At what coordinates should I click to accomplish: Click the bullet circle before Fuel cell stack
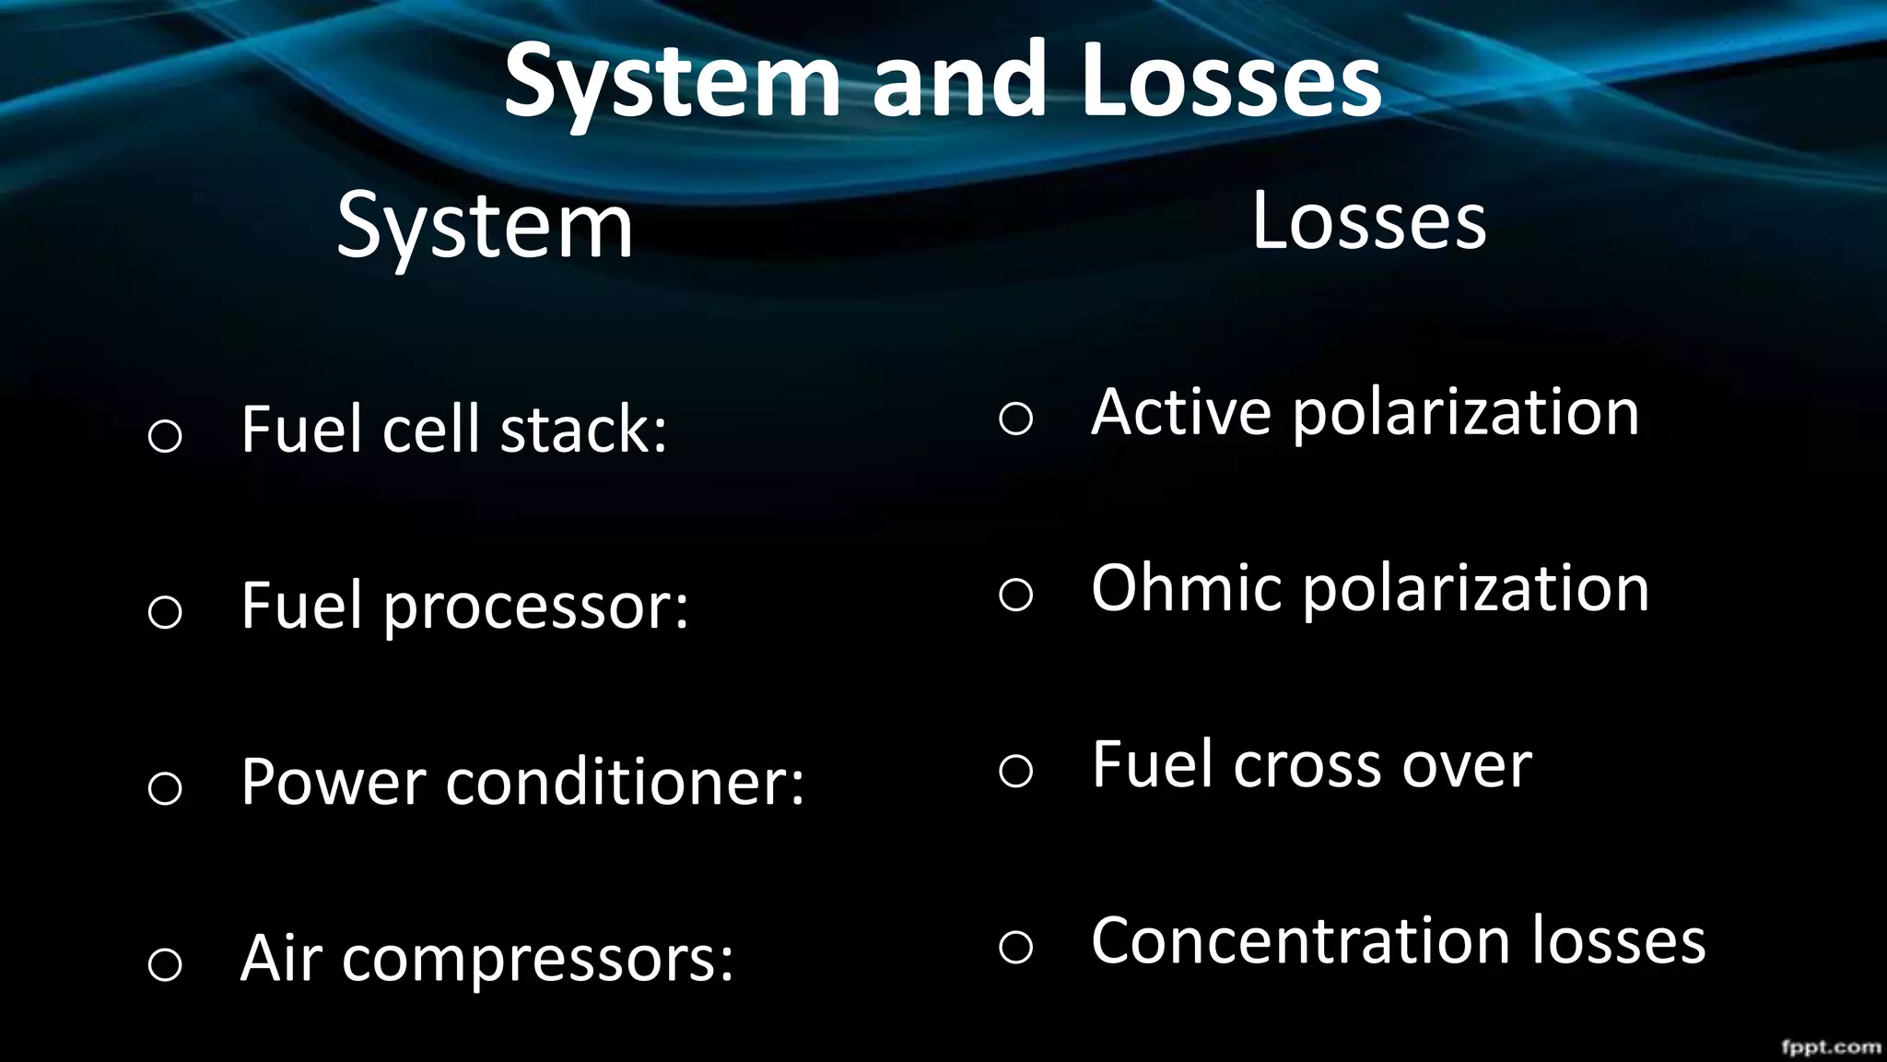click(x=165, y=435)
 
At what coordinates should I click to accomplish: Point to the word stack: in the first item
click(x=583, y=430)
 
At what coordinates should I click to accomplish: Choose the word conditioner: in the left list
click(x=626, y=783)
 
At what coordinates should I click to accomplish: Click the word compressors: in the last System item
click(x=538, y=959)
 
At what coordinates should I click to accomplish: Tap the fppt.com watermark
click(x=1831, y=1046)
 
